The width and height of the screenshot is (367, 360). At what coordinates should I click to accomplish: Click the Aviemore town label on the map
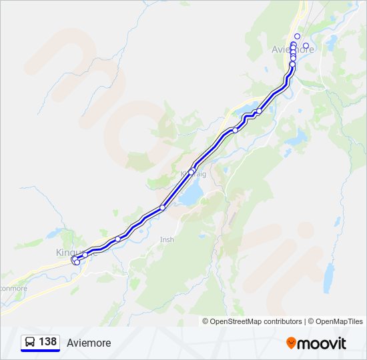point(294,49)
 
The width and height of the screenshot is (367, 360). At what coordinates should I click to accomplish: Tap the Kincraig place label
point(194,174)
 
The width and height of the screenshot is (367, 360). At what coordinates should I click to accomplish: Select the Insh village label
point(167,239)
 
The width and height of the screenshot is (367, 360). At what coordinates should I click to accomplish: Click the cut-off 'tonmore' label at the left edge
point(13,289)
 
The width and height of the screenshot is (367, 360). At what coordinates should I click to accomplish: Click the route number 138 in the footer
point(47,342)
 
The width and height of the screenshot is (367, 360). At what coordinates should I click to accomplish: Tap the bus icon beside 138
point(30,342)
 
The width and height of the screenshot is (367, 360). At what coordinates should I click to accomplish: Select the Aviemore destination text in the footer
point(89,343)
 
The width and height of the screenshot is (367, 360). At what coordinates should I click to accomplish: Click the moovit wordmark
point(322,343)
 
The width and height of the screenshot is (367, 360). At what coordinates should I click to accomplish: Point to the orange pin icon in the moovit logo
point(291,343)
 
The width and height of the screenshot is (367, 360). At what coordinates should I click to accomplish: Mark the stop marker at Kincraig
point(192,172)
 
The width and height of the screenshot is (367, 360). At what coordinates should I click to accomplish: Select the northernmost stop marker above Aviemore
point(297,36)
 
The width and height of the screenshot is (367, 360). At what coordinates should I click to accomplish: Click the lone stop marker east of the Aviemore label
point(306,46)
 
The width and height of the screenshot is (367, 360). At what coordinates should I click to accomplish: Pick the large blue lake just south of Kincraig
point(192,195)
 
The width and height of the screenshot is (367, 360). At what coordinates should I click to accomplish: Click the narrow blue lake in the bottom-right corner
point(328,278)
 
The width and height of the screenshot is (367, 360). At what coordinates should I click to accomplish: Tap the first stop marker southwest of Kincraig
point(162,208)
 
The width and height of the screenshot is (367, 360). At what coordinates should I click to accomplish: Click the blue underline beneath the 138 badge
point(40,351)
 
